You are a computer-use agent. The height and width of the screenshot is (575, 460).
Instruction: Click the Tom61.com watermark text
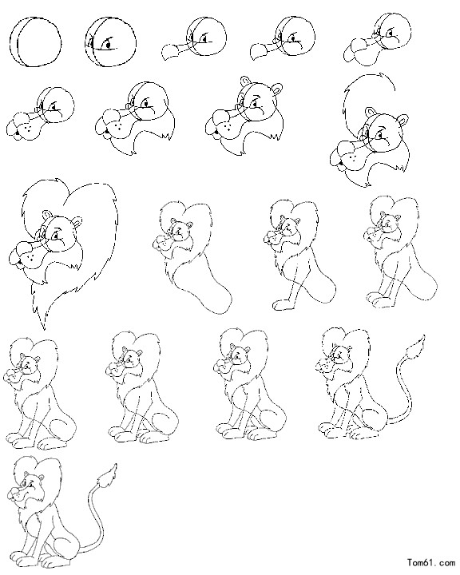[x=430, y=561]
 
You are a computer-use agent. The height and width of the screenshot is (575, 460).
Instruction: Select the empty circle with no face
[x=35, y=41]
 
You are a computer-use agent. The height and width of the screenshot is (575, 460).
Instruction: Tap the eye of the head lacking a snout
[x=107, y=45]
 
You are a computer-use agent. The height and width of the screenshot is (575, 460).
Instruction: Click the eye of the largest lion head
[x=55, y=236]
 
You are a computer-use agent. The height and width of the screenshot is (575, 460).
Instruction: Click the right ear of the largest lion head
[x=77, y=221]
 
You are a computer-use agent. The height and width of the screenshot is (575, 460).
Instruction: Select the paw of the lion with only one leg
[x=282, y=305]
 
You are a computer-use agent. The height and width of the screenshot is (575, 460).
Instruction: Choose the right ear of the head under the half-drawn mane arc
[x=403, y=120]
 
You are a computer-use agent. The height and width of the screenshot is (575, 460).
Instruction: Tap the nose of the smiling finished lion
[x=13, y=490]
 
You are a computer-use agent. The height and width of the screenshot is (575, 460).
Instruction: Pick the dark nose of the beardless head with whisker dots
[x=17, y=135]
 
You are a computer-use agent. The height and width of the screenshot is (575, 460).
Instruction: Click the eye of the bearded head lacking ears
[x=148, y=105]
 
